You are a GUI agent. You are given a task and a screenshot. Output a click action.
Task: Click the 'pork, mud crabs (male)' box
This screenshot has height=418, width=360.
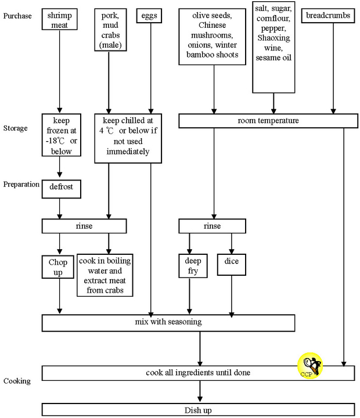click(x=109, y=28)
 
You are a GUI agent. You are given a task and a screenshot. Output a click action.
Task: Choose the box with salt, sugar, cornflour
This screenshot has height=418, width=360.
click(x=273, y=46)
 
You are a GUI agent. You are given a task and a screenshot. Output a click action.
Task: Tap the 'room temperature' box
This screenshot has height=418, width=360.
click(x=268, y=121)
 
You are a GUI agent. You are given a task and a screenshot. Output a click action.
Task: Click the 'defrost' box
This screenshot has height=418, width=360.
click(x=60, y=189)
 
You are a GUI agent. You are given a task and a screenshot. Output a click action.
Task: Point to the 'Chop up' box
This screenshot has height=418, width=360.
click(x=59, y=267)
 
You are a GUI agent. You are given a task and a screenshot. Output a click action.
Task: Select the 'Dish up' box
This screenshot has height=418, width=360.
click(x=199, y=410)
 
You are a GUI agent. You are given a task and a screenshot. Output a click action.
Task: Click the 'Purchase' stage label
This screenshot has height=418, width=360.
click(x=17, y=16)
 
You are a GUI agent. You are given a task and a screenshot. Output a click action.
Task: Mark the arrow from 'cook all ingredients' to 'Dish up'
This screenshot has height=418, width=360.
click(x=200, y=391)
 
